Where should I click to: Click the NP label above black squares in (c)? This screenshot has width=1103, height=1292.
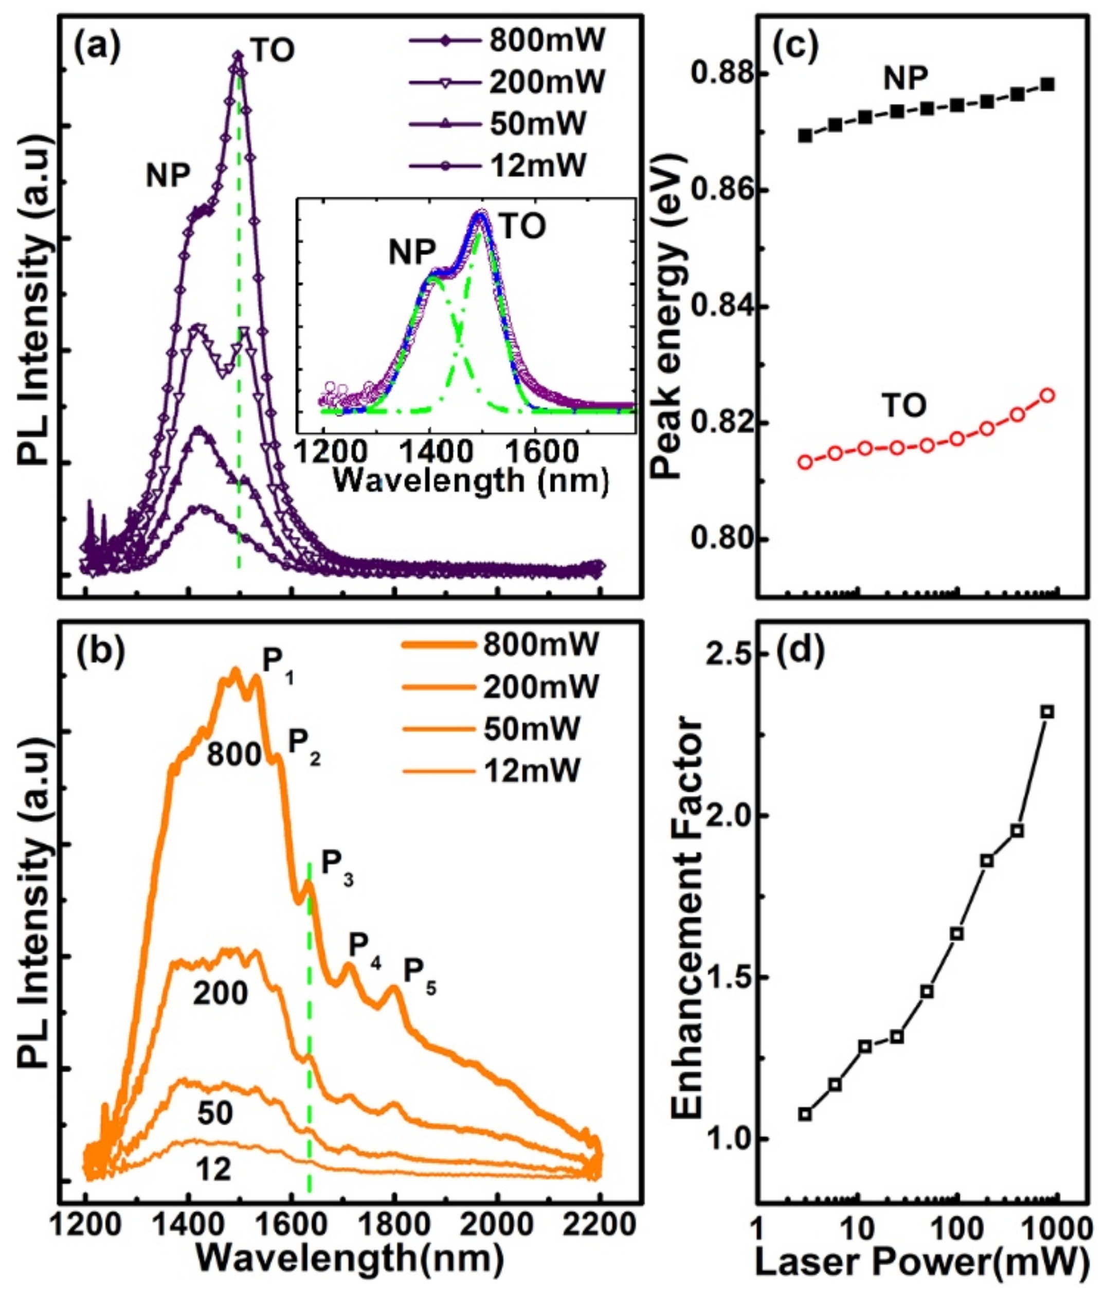(906, 78)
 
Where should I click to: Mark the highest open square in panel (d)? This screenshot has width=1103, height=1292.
(1047, 711)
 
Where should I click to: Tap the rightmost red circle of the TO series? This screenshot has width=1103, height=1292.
(1047, 394)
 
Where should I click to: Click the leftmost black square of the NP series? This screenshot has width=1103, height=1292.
(805, 135)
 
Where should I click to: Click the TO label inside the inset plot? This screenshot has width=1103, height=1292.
(522, 227)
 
